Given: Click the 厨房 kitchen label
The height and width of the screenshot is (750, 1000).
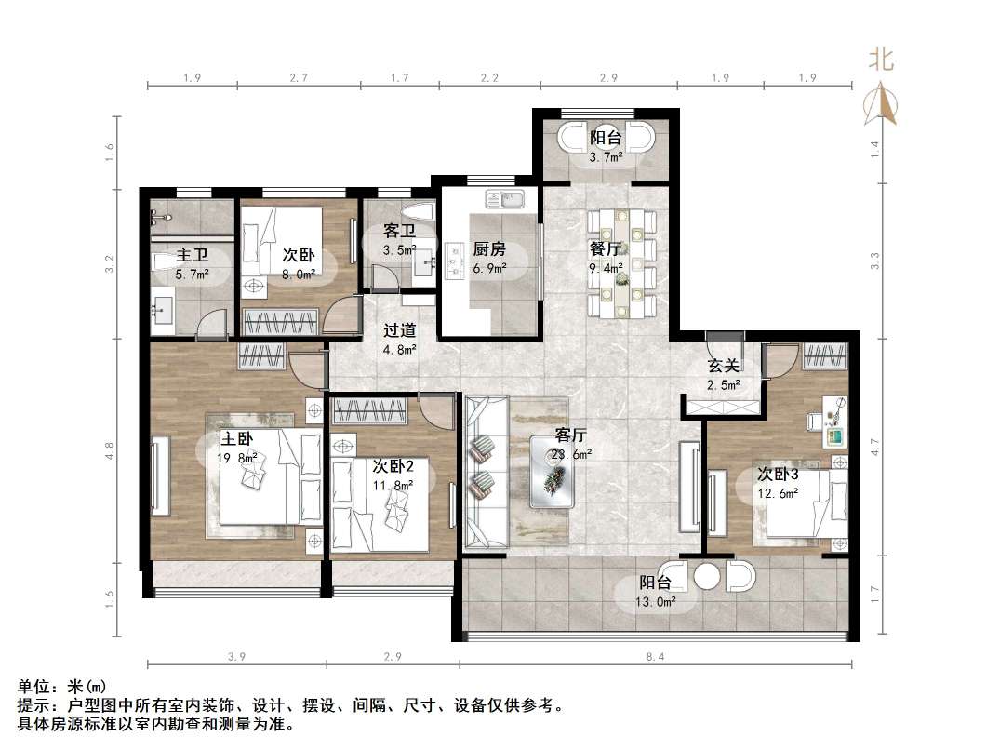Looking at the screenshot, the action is click(489, 248).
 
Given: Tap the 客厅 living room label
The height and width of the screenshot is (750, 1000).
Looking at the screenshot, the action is click(571, 435).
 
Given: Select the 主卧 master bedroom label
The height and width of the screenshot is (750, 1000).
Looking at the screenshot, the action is click(236, 439).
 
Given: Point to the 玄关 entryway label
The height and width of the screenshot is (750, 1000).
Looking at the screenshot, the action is click(724, 366).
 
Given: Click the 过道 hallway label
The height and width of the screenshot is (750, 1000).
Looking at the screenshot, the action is click(400, 330).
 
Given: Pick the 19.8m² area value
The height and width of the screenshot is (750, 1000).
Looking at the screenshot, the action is click(236, 458).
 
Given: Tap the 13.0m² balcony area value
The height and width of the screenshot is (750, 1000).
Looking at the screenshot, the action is click(656, 601).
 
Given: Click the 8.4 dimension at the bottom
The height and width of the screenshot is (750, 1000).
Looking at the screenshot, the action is click(655, 656).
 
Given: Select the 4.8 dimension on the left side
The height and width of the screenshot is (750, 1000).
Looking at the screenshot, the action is click(110, 451).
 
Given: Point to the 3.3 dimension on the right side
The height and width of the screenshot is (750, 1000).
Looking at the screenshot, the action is click(875, 261).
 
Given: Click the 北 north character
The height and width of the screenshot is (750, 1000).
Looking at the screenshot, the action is click(881, 60).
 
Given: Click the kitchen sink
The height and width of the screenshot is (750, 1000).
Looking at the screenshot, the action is click(504, 198).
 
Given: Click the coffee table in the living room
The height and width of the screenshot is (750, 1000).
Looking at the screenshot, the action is click(552, 472).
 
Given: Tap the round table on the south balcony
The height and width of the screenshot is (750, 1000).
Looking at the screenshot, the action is click(707, 576).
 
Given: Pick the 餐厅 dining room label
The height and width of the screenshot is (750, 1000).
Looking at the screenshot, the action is click(606, 248).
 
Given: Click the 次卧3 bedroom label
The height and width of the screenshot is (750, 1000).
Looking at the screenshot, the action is click(778, 474).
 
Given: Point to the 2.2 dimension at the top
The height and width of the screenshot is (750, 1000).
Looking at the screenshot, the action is click(489, 78).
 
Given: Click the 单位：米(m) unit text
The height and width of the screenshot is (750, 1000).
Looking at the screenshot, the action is click(62, 687).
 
